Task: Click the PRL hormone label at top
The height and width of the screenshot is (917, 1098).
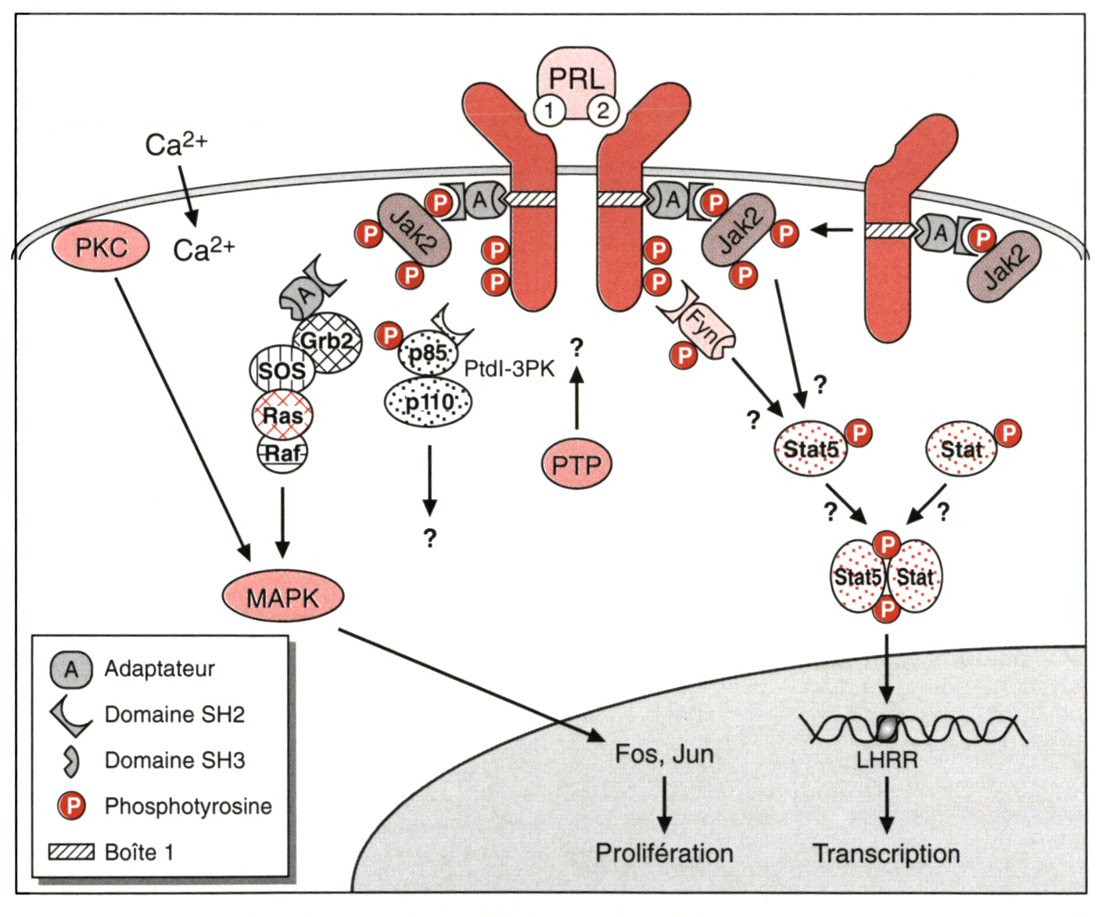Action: click(x=576, y=78)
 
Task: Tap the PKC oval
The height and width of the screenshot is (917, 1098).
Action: click(x=101, y=248)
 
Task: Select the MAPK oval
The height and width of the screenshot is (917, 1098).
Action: click(x=283, y=599)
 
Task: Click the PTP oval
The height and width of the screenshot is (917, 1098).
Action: click(x=576, y=465)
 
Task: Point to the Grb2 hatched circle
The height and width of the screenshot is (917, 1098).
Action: click(x=328, y=342)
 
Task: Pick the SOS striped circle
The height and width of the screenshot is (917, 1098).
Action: click(x=282, y=370)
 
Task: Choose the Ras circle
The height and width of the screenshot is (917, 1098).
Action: click(x=282, y=415)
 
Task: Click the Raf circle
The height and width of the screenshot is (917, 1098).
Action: click(x=282, y=453)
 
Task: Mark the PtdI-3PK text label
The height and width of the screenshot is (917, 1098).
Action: click(x=509, y=369)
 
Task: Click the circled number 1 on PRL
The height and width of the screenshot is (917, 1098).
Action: click(x=549, y=110)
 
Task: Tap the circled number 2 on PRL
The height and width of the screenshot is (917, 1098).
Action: click(x=602, y=110)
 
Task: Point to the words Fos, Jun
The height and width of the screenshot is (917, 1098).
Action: click(x=664, y=753)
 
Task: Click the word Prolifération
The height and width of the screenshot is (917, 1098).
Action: click(x=664, y=853)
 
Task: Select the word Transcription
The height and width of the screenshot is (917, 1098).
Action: click(x=886, y=854)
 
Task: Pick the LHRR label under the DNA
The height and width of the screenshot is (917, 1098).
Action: click(x=887, y=759)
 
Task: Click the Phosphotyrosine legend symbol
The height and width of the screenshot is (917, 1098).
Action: click(x=72, y=806)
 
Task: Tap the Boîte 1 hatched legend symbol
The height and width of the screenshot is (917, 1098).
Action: click(x=71, y=852)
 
